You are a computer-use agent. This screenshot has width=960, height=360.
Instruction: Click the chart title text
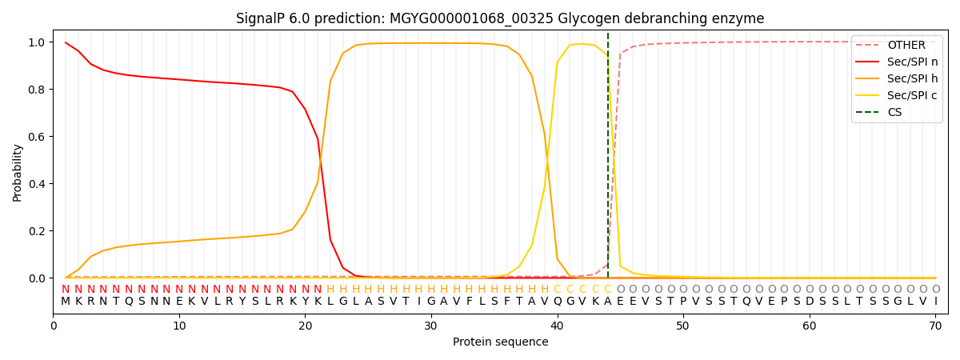(x=500, y=18)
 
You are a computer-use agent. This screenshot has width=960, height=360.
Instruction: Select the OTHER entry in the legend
(x=906, y=46)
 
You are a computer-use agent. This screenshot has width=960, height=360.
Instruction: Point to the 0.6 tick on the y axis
(x=37, y=137)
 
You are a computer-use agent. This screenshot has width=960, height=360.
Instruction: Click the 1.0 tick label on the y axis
(x=37, y=42)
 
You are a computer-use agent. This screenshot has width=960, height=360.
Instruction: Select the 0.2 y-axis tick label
(x=37, y=231)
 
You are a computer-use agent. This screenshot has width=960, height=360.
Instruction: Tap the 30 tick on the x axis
(x=430, y=326)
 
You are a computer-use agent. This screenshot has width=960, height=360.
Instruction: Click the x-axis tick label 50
(x=682, y=326)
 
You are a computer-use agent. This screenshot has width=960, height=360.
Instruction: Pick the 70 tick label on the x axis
(x=935, y=326)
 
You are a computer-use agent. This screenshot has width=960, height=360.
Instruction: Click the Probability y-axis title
(x=18, y=172)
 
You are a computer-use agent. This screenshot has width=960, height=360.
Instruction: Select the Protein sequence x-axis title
(x=501, y=342)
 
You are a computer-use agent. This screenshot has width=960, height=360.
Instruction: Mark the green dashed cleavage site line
(x=608, y=160)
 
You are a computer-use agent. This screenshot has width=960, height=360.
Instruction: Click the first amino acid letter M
(x=66, y=302)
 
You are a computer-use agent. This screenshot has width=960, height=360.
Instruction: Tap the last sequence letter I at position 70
(x=935, y=302)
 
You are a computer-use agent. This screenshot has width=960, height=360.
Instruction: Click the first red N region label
(x=66, y=290)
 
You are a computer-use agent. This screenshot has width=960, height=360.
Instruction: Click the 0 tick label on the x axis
(x=53, y=326)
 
